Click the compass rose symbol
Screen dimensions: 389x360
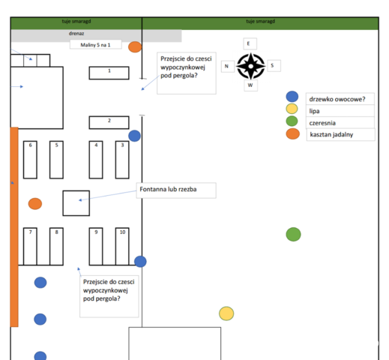[x=250, y=66]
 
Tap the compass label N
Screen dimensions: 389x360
[x=226, y=66]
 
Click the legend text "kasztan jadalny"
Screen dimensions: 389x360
[x=331, y=134]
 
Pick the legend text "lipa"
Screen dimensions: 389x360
[x=314, y=111]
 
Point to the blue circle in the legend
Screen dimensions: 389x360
[x=292, y=97]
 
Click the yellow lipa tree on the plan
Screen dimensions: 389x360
[x=226, y=313]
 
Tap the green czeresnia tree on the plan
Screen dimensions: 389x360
[x=293, y=234]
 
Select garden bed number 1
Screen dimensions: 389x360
[x=109, y=73]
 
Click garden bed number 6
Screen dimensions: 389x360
[x=30, y=160]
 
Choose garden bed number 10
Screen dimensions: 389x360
[x=122, y=246]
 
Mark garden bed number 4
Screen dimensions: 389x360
[x=96, y=160]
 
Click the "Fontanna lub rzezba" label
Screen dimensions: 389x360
[x=168, y=189]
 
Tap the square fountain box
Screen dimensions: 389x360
[x=76, y=203]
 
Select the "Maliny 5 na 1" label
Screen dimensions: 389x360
[x=95, y=45]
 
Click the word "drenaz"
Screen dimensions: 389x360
[x=76, y=34]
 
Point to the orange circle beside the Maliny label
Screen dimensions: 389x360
[x=135, y=46]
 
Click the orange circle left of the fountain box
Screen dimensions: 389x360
[x=35, y=204]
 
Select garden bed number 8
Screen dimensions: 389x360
[x=56, y=246]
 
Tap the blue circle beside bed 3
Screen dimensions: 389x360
[x=134, y=136]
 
